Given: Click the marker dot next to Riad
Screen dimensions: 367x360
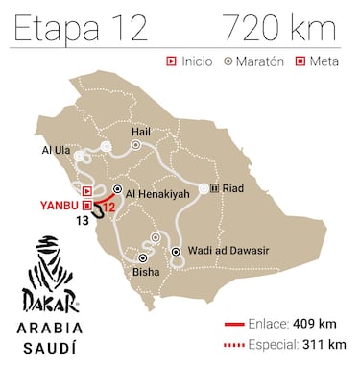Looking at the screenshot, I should pos(215,188).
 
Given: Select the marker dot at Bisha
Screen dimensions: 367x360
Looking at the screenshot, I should pos(144,257).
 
